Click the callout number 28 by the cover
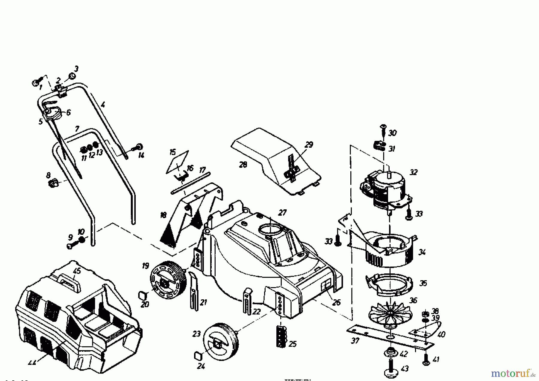(243, 165)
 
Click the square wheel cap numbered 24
(198, 356)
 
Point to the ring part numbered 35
(389, 284)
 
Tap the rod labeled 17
(191, 183)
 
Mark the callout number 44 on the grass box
(32, 362)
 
